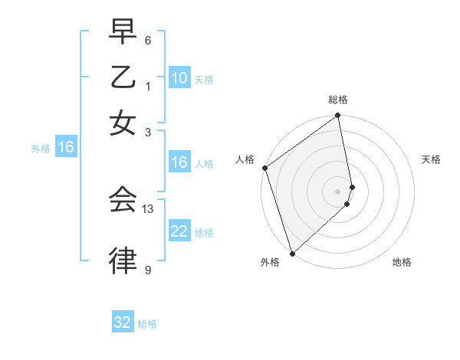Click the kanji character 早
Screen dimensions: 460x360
[x=123, y=33]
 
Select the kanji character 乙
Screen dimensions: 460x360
[x=123, y=78]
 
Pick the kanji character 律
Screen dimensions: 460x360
[x=123, y=261]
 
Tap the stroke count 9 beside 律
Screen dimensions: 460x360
[x=148, y=270]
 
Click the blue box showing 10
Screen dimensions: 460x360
[x=179, y=78]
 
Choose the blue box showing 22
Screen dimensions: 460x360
[x=179, y=231]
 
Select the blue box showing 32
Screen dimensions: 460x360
[x=123, y=322]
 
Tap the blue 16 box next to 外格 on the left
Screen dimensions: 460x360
[x=66, y=148]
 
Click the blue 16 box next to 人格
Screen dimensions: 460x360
[x=179, y=162]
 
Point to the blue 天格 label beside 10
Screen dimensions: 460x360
[x=204, y=80]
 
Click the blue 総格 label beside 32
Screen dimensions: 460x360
[x=148, y=324]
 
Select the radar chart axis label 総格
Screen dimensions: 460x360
[x=338, y=100]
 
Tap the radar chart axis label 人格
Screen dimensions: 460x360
[x=245, y=159]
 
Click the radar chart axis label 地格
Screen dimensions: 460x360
[x=402, y=262]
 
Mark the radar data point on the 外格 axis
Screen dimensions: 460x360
[x=291, y=254]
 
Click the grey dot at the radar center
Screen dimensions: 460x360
[x=338, y=191]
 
